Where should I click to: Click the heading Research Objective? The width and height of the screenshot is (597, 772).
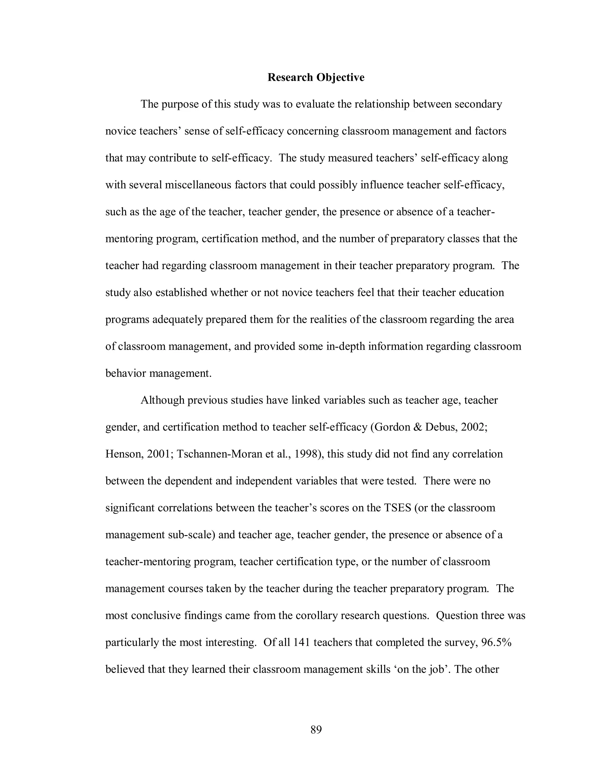[315, 77]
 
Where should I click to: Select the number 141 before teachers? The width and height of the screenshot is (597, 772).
[301, 642]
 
